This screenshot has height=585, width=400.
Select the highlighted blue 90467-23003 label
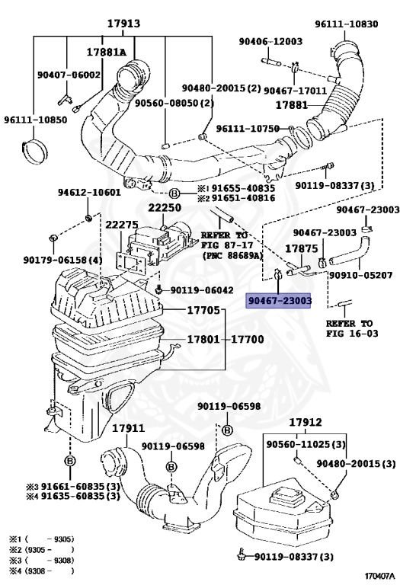280,302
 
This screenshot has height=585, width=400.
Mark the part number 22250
165,207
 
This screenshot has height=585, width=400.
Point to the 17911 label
127,428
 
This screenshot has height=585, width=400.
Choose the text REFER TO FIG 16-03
350,328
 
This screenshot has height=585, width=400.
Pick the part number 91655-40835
242,187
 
